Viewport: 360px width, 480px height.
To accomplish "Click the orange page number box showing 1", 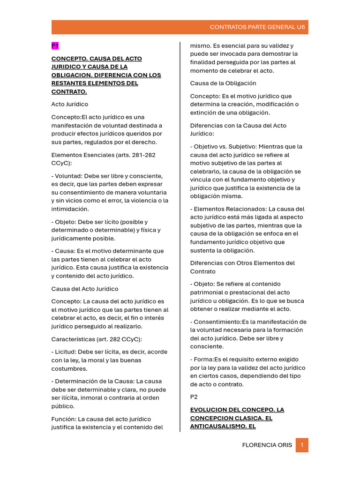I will tap(302, 445).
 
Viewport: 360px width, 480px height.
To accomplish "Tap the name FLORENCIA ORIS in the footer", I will tap(267, 445).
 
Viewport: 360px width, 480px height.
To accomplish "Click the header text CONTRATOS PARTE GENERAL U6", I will tap(257, 27).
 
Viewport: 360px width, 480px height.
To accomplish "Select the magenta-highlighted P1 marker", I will tap(55, 45).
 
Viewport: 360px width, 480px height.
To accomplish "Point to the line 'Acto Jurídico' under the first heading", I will tap(69, 104).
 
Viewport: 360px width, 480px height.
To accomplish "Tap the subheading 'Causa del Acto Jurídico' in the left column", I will tap(84, 289).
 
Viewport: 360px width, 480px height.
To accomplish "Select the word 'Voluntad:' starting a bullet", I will tap(69, 176).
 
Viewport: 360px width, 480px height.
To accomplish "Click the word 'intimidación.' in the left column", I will tap(70, 209).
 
